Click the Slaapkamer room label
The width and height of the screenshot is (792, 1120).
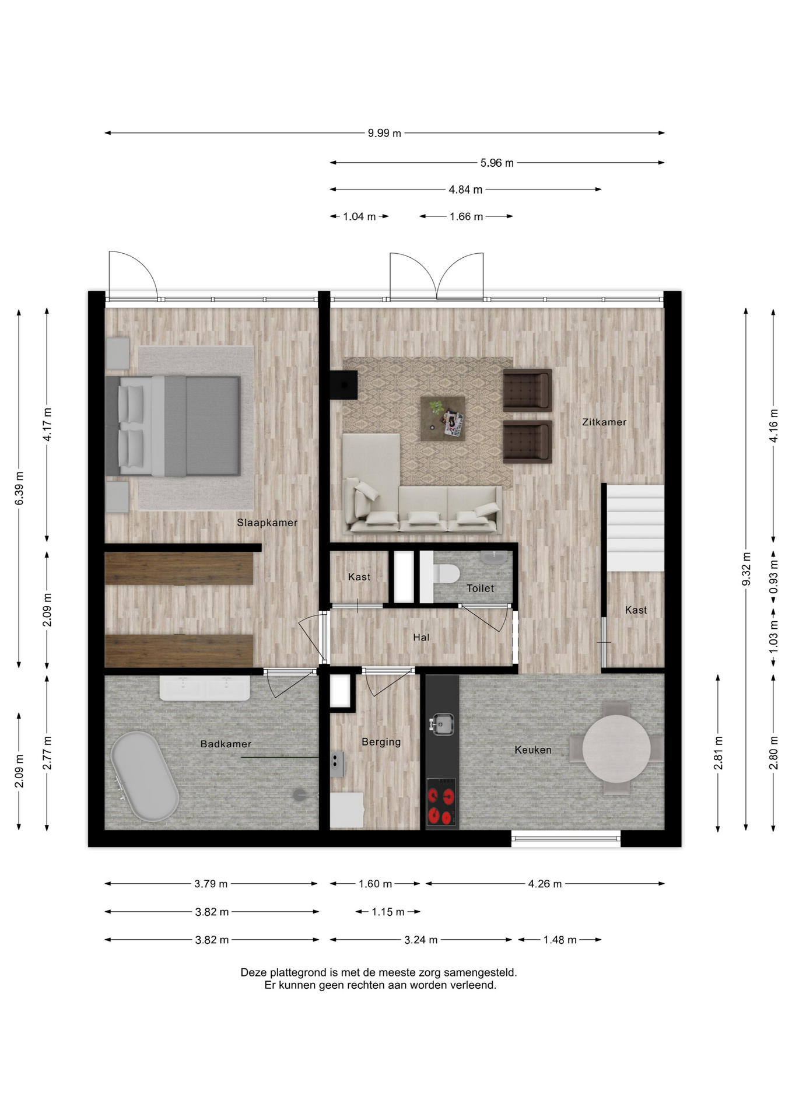point(267,523)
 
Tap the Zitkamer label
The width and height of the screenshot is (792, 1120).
point(604,422)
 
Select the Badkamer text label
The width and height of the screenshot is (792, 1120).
point(226,744)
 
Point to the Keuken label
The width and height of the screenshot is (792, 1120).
point(532,750)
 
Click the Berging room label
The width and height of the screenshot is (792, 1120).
point(381,742)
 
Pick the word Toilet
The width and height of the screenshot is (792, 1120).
point(480,588)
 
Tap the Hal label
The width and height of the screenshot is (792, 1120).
point(421,638)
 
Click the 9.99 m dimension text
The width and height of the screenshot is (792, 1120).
point(384,133)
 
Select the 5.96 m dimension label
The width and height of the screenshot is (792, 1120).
point(497,163)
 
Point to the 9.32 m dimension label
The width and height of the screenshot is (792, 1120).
point(746,569)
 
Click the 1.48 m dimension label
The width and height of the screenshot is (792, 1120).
point(560,940)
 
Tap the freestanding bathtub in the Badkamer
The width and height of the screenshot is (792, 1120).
point(145,776)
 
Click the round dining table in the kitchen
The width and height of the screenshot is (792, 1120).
point(616,748)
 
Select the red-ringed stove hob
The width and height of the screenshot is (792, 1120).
point(441,802)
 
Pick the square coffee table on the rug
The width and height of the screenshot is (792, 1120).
point(443,419)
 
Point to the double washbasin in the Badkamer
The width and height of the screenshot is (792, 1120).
point(205,688)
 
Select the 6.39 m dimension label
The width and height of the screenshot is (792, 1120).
point(19,488)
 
